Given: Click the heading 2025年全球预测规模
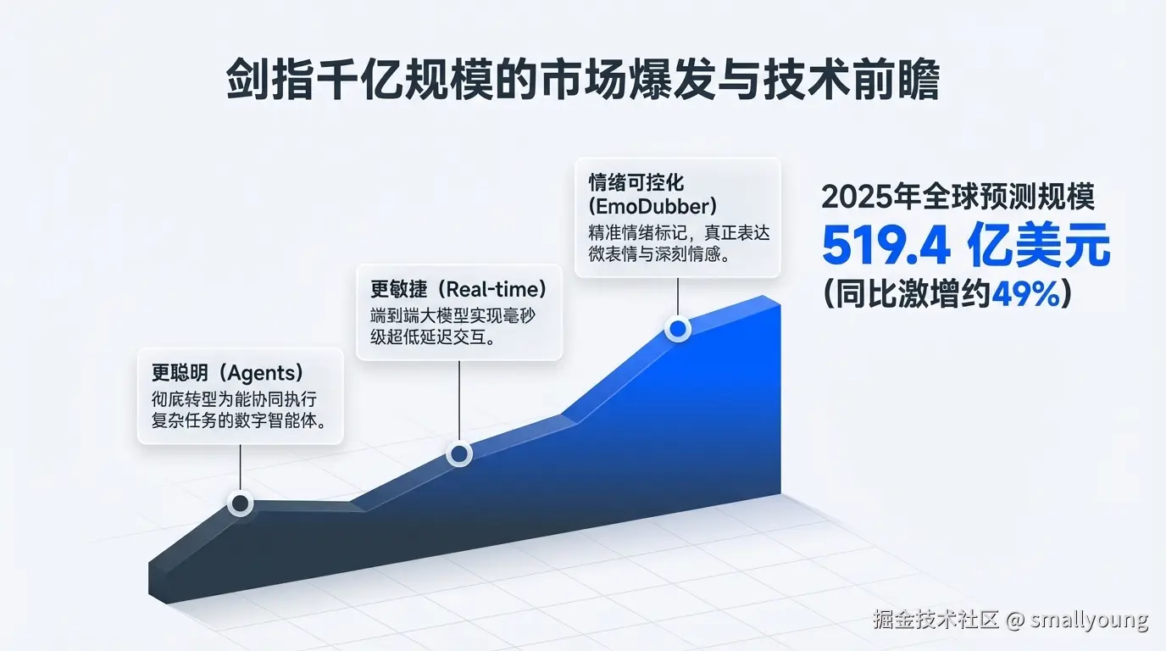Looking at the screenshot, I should (x=958, y=197).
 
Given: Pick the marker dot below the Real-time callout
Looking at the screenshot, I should (x=459, y=455).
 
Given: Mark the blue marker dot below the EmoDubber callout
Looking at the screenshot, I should (x=678, y=329).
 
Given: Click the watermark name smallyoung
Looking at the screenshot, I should (x=1089, y=620).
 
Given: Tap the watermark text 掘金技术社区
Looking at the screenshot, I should (x=937, y=620).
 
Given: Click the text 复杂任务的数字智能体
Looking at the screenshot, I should (x=238, y=420).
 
